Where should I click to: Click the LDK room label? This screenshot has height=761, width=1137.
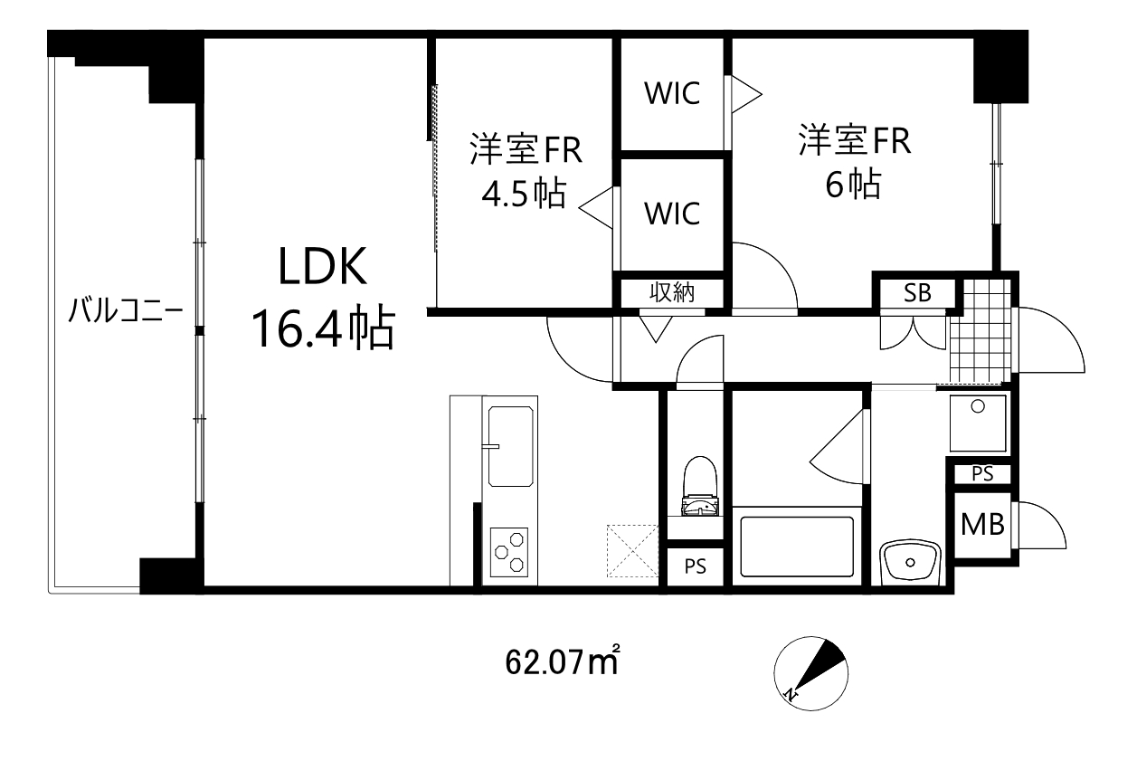click(x=321, y=271)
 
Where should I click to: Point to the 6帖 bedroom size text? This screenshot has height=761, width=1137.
click(x=852, y=185)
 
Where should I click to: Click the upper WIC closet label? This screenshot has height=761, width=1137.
click(x=672, y=94)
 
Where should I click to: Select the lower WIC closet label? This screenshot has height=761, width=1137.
click(x=672, y=214)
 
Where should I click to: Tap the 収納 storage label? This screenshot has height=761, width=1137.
click(x=671, y=293)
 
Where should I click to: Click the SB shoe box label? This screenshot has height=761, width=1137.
click(x=916, y=293)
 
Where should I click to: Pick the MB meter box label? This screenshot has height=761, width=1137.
click(x=982, y=525)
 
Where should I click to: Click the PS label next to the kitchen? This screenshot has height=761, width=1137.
click(x=695, y=567)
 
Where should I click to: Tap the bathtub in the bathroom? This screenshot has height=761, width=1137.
click(x=797, y=546)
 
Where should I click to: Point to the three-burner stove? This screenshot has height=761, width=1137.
click(x=510, y=551)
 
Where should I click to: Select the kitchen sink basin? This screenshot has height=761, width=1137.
click(x=512, y=446)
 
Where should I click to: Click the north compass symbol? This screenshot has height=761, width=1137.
click(x=811, y=672)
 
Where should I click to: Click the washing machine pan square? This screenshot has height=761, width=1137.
click(x=978, y=423)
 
